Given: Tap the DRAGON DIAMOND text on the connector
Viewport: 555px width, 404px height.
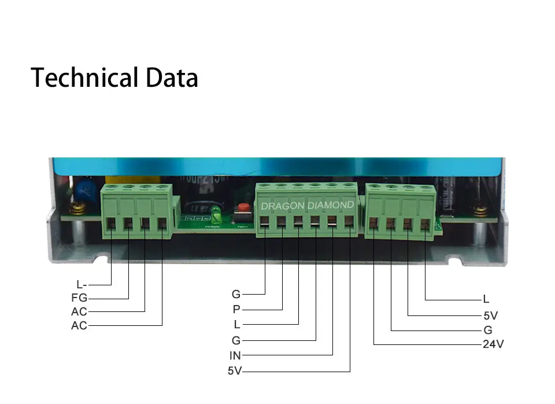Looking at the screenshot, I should tap(307, 205).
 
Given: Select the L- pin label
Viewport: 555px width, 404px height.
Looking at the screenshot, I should tap(82, 285).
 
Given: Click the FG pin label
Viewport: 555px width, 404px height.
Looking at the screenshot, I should tap(79, 299).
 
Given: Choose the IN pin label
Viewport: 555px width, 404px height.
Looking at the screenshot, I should tap(235, 356).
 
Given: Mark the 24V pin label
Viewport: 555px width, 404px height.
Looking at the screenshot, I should tap(493, 345).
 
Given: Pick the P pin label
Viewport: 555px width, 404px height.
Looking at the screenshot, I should tap(236, 310).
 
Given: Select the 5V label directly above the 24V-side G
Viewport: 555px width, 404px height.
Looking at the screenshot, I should tap(490, 316).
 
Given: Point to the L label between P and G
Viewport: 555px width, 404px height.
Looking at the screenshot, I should tap(236, 324).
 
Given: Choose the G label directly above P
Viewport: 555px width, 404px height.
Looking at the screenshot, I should tap(236, 295).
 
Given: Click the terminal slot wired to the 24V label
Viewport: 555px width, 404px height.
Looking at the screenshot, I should tap(374, 223).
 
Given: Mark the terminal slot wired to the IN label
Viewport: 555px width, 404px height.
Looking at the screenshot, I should tap(332, 222).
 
